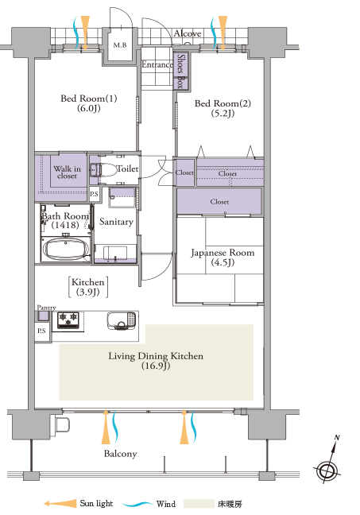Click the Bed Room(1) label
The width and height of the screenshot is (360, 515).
click(89, 103)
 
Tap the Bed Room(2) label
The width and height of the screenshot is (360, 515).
click(223, 108)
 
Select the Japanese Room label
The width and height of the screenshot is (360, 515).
click(223, 257)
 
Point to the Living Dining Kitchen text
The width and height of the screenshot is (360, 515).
click(156, 361)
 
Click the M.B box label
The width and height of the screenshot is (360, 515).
click(120, 45)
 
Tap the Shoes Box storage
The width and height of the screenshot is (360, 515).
click(180, 71)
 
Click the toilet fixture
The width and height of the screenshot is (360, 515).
click(103, 170)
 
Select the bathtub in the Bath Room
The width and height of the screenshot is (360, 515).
click(66, 249)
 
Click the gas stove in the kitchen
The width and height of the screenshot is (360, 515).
click(68, 320)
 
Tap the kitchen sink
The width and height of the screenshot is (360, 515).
click(122, 320)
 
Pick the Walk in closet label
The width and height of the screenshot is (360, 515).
click(67, 172)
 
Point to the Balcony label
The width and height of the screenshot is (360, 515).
click(120, 454)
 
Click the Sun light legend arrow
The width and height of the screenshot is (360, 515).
click(60, 504)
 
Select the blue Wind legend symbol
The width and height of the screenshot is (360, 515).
click(137, 504)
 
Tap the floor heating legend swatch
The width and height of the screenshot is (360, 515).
click(199, 504)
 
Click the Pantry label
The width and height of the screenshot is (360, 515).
click(46, 308)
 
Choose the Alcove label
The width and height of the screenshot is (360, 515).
click(188, 33)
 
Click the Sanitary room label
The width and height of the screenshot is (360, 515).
click(116, 222)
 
